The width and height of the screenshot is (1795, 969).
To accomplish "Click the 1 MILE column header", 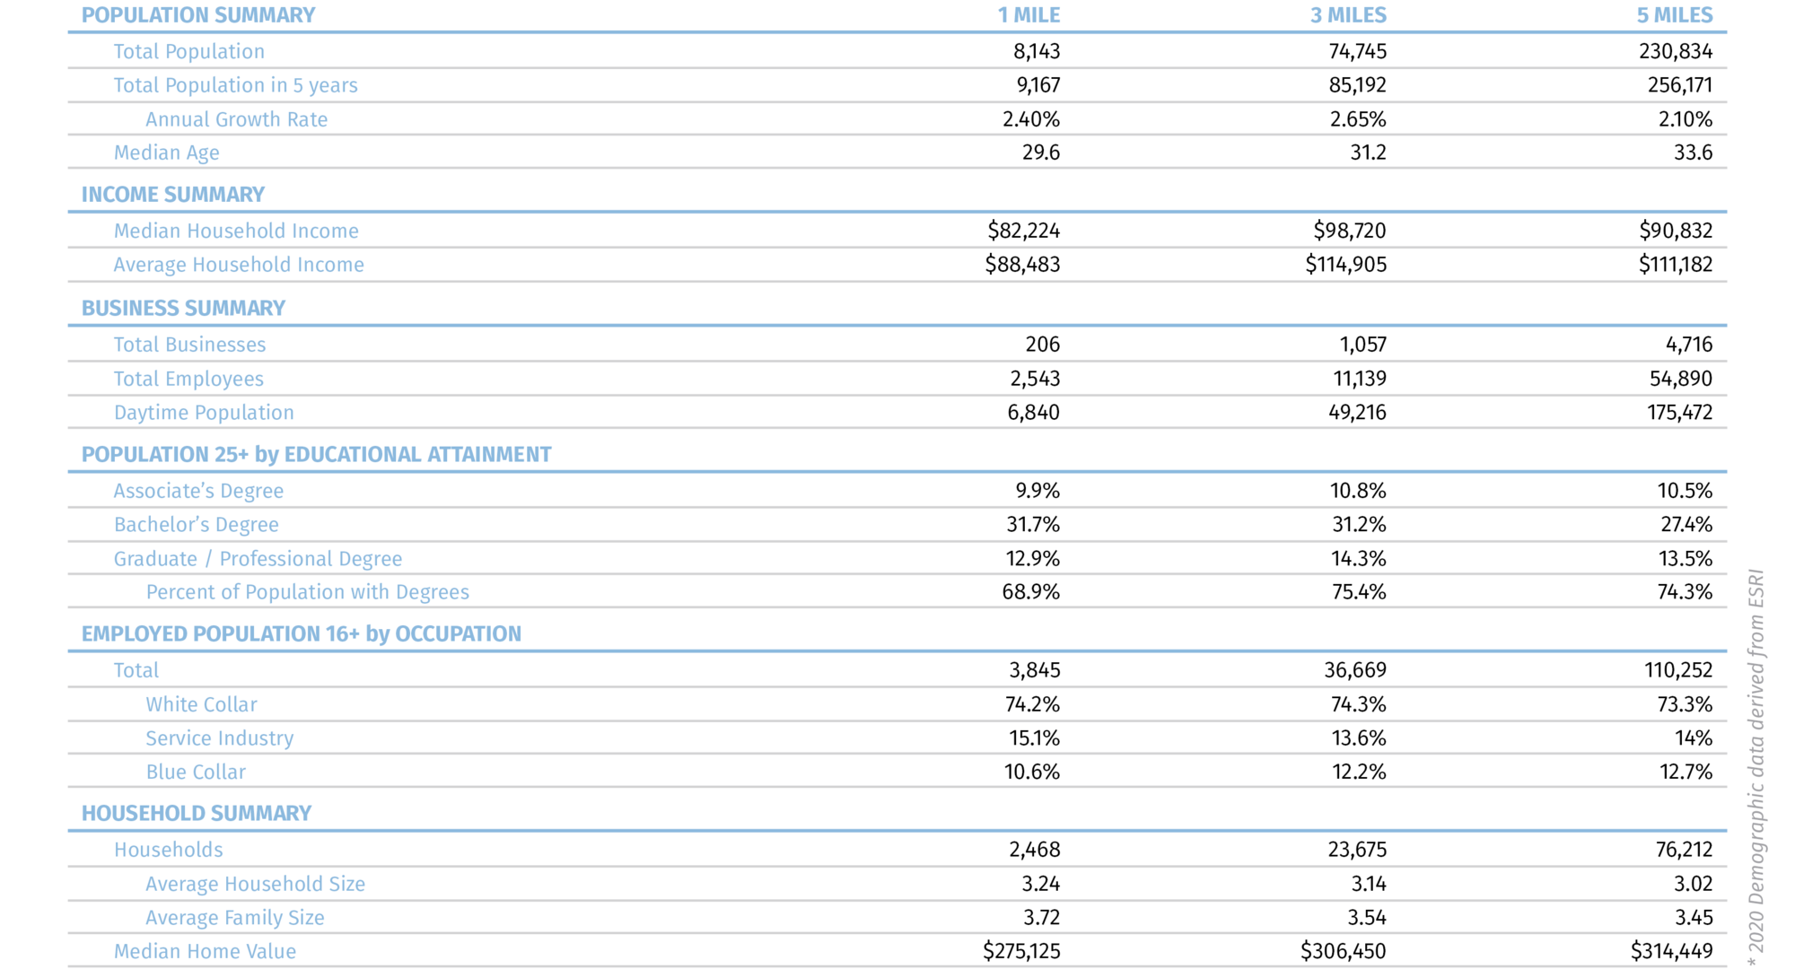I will click(x=1029, y=15).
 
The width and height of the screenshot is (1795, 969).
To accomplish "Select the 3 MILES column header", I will click(x=1348, y=15).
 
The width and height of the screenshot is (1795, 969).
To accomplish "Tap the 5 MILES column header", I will click(x=1675, y=15).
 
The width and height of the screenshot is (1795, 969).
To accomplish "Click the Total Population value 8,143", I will click(x=1037, y=51).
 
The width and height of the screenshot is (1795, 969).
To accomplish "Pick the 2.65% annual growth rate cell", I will click(x=1358, y=119).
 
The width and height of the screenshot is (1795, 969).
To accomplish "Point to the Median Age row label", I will click(x=166, y=153).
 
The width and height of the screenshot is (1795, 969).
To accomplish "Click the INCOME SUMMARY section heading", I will click(x=172, y=195).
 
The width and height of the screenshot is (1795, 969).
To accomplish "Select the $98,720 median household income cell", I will click(x=1349, y=231).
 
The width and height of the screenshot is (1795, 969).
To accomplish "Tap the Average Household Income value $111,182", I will click(x=1675, y=265).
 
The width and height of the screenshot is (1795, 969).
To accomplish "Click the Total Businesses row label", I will click(x=189, y=345).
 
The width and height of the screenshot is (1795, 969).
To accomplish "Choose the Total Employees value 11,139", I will click(x=1360, y=379).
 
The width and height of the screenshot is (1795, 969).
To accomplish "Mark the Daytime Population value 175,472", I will click(x=1679, y=413).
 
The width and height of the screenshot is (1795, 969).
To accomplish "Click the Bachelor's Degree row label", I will click(x=196, y=525).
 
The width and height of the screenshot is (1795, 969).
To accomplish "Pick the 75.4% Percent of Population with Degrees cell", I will click(x=1359, y=592).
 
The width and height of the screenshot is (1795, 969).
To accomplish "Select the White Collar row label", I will click(x=201, y=704).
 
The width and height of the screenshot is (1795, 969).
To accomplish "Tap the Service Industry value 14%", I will click(x=1693, y=738).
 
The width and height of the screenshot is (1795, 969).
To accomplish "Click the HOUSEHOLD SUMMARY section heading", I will click(x=196, y=813).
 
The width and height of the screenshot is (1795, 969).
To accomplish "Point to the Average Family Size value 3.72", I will click(x=1040, y=918).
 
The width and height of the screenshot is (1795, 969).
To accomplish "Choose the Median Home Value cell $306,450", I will click(x=1343, y=951).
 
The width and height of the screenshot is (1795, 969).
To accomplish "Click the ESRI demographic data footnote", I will click(x=1756, y=767).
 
